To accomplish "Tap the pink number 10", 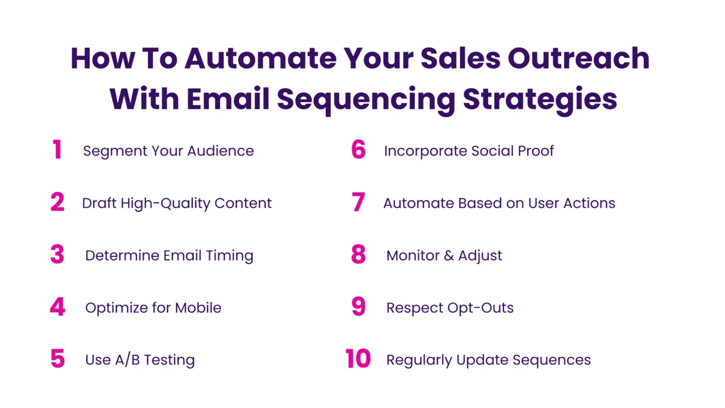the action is [357, 359].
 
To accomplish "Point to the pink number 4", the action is [57, 306].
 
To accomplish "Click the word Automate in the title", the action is [261, 58].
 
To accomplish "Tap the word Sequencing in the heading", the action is [366, 99].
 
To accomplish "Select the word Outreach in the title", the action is [578, 58].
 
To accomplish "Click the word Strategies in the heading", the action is [540, 99].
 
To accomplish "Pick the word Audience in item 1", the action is [221, 151].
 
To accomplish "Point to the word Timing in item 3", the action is [230, 256].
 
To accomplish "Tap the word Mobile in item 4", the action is [198, 308].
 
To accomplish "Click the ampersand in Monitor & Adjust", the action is [449, 255].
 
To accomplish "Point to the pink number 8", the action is [358, 254].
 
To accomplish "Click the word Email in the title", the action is [228, 99].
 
